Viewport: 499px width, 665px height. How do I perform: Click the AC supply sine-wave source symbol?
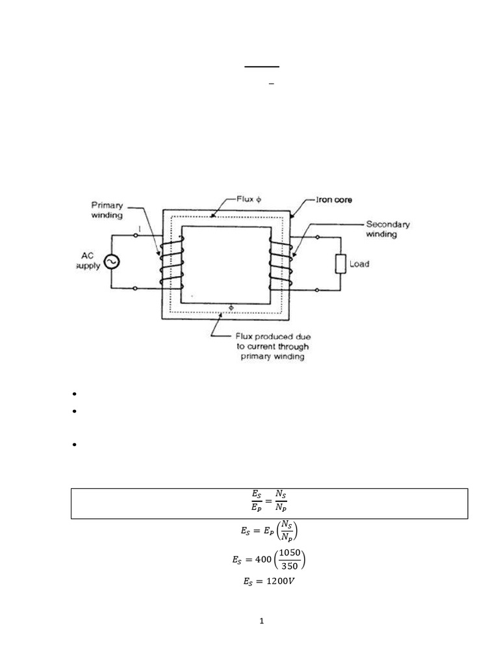click(x=110, y=261)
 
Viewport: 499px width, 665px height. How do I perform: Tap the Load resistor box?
click(x=340, y=264)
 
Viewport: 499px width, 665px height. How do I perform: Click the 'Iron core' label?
click(x=334, y=200)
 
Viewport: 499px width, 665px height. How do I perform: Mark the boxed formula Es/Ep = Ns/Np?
click(x=269, y=504)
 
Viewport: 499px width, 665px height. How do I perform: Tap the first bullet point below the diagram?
click(x=75, y=394)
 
